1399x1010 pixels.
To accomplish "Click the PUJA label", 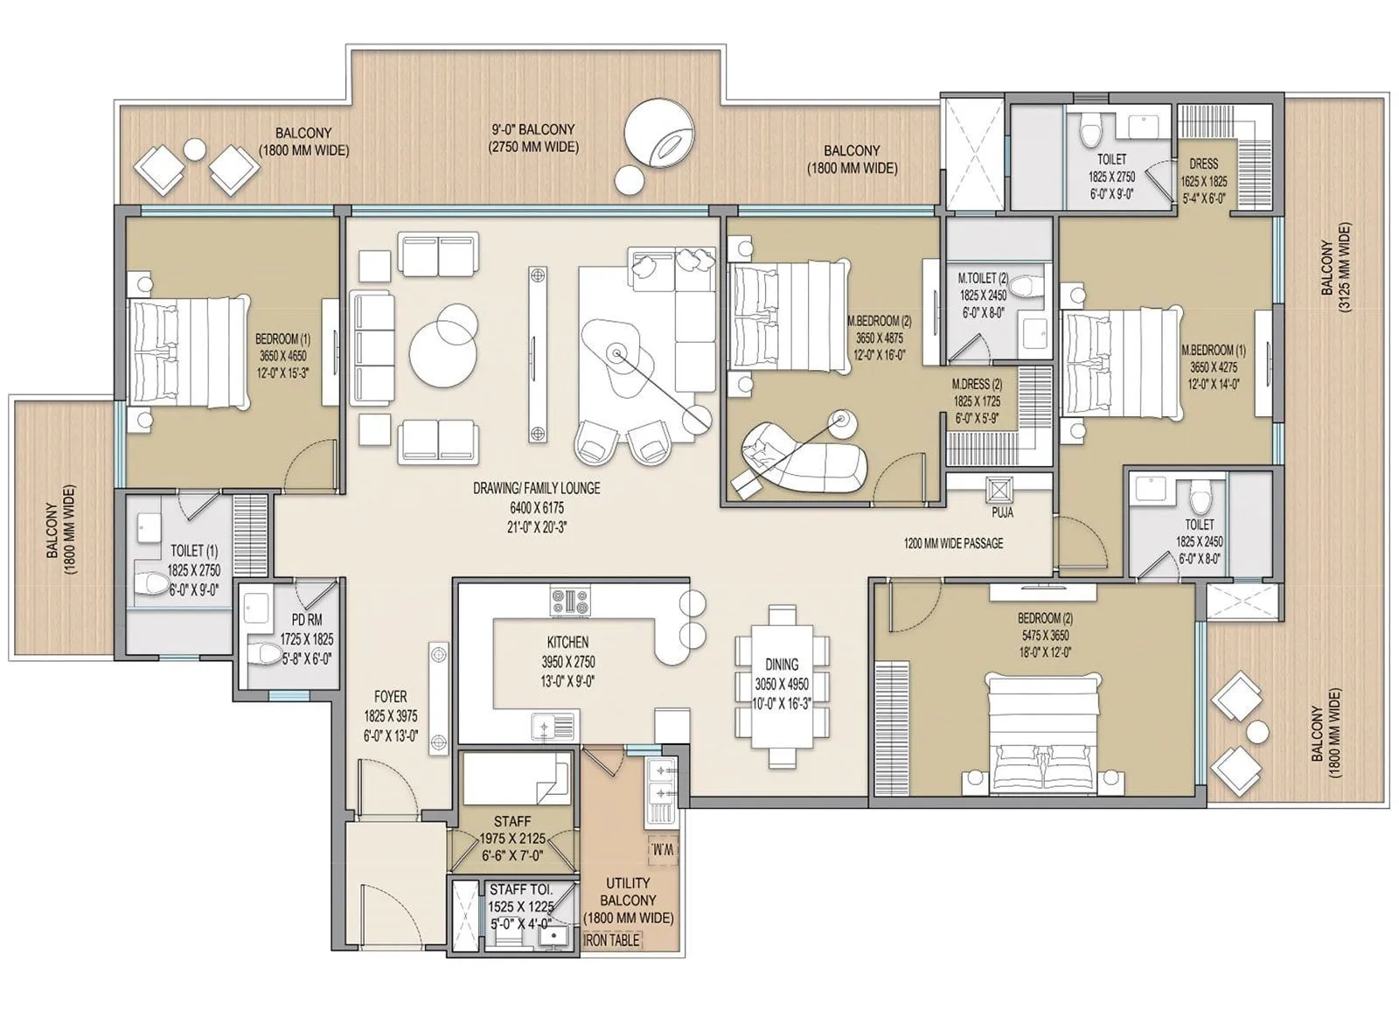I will click(1002, 512).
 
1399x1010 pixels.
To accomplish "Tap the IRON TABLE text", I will click(611, 940).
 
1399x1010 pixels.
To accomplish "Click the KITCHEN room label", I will click(567, 642).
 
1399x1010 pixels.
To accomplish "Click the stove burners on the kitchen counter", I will click(569, 601).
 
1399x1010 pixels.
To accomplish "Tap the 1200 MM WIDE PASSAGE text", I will click(953, 543).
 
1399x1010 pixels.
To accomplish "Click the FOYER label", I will click(390, 697).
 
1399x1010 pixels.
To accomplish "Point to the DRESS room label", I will click(1204, 164).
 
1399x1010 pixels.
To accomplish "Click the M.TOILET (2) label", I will click(984, 280).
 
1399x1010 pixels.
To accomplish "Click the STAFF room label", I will click(512, 821).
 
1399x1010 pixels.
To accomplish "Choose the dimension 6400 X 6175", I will click(536, 507).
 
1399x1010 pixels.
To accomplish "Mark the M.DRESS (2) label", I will click(977, 384).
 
